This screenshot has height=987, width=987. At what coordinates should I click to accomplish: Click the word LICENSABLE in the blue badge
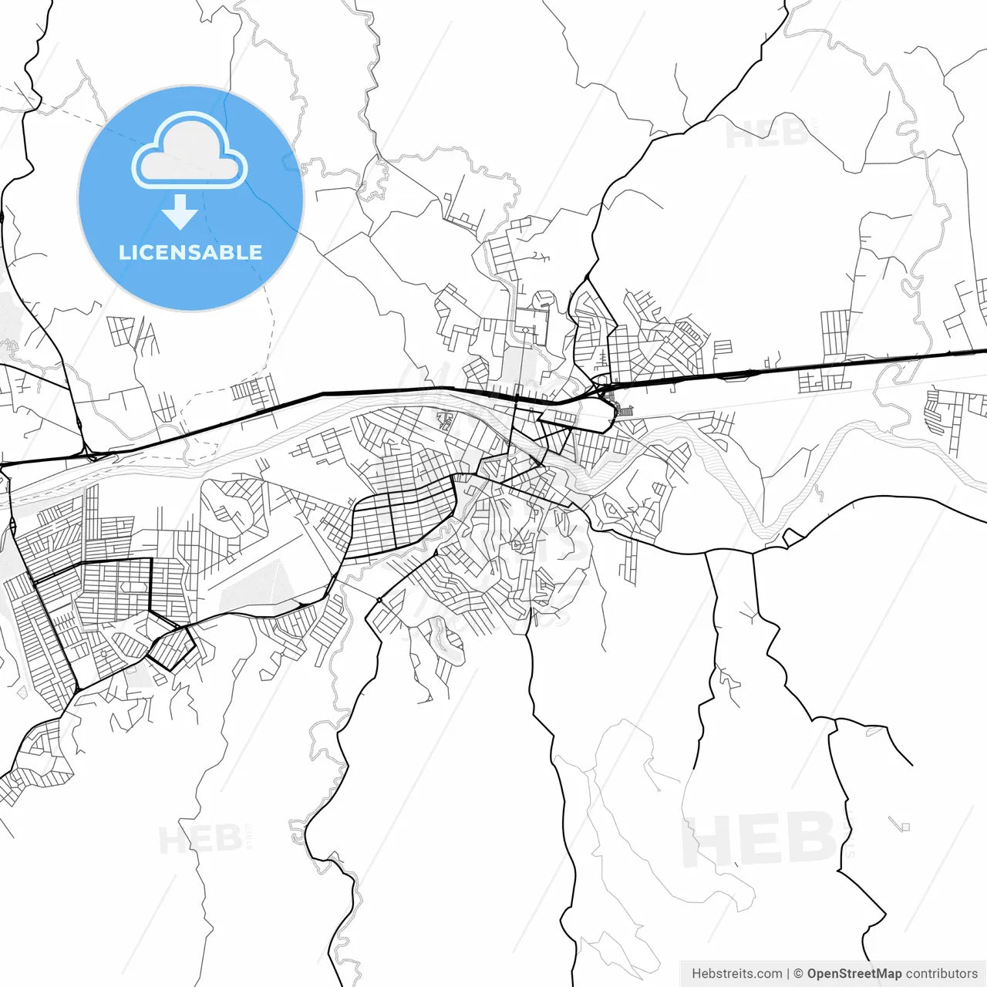click(190, 252)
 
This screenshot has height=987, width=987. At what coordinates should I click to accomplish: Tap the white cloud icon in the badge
click(190, 152)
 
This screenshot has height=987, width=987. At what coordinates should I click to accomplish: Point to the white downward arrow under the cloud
click(180, 212)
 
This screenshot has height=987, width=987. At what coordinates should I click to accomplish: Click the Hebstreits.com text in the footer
click(737, 974)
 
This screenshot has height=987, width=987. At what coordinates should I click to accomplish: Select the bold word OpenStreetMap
click(854, 974)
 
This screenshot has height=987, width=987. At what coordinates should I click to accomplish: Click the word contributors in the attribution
click(942, 974)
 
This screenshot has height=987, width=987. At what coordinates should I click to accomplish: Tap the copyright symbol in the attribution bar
click(798, 974)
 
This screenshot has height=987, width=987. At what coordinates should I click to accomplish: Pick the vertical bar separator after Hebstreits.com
click(787, 974)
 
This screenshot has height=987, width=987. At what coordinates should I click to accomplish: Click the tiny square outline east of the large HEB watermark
click(904, 827)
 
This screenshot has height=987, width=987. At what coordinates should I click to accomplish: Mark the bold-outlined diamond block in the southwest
click(170, 648)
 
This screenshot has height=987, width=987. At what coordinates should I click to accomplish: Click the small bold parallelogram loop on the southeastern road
click(793, 537)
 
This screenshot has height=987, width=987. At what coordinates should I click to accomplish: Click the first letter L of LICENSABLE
click(123, 252)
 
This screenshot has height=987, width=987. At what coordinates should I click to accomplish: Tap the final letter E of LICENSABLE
click(255, 252)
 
